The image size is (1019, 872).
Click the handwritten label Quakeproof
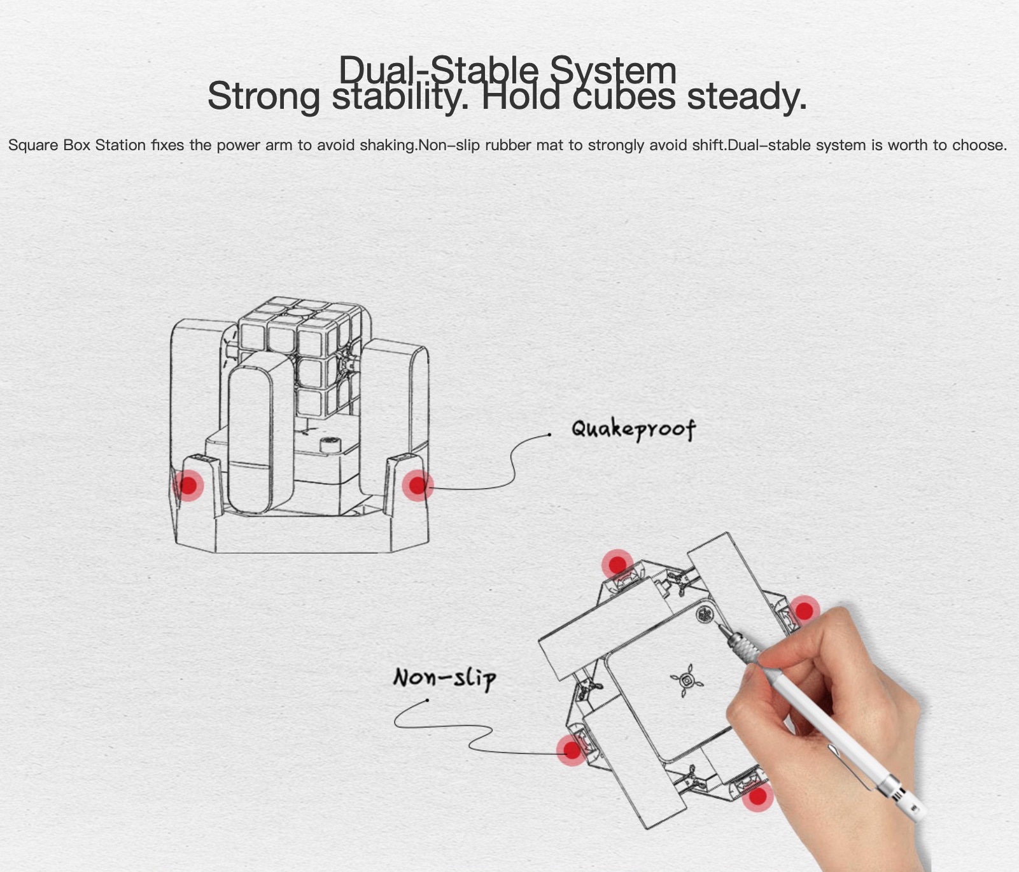633,428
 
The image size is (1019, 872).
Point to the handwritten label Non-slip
444,677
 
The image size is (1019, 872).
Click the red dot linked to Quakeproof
417,486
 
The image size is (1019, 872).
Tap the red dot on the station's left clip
188,486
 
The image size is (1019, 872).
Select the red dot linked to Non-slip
572,750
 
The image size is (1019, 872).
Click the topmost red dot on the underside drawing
617,565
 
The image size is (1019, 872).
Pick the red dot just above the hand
805,610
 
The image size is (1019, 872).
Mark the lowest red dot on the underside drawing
757,796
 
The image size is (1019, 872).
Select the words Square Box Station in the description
77,145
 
